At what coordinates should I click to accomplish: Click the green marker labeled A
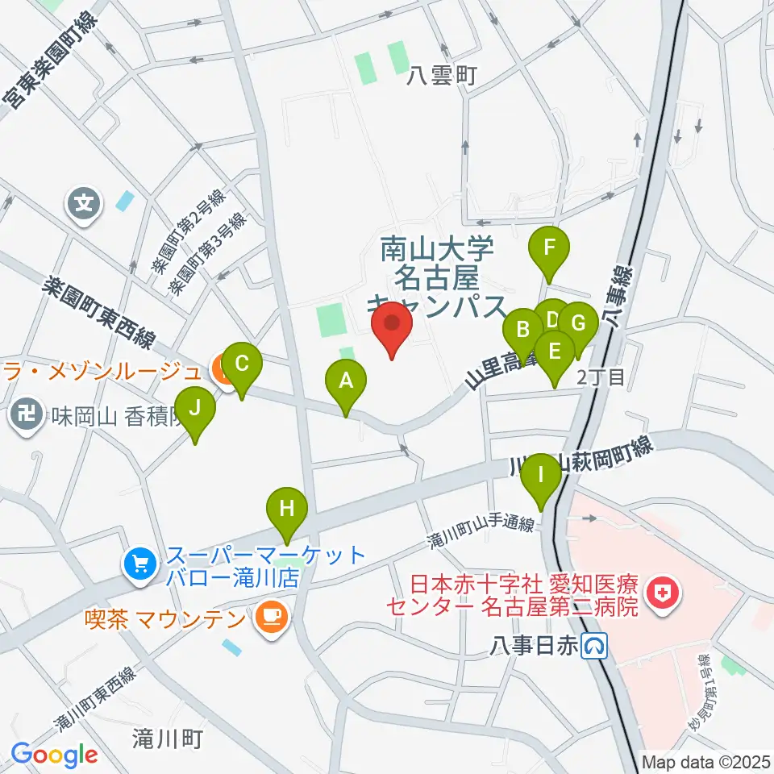click(x=346, y=381)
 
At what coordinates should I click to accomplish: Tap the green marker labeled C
click(x=242, y=364)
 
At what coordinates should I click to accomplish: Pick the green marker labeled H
click(x=288, y=510)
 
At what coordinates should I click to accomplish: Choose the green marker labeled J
click(x=195, y=410)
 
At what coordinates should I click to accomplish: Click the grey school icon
click(x=84, y=201)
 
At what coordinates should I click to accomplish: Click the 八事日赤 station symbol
click(x=597, y=645)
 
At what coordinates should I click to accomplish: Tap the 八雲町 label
click(x=443, y=76)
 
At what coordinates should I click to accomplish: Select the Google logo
click(x=54, y=755)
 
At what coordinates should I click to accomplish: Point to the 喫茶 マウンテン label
click(x=165, y=620)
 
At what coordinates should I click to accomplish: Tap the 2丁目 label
click(x=601, y=377)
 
